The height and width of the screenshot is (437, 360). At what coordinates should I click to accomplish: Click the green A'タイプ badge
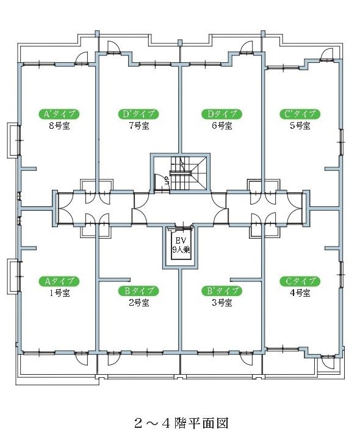point(59,114)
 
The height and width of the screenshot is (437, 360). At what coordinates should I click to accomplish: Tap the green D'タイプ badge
point(139,114)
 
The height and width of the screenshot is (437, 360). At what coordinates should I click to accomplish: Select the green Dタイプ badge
point(221,114)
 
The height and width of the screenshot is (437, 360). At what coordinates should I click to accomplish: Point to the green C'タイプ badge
point(300,114)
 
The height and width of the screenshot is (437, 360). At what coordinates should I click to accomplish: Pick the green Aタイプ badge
point(59,281)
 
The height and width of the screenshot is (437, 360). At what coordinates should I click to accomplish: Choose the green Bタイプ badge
point(139,291)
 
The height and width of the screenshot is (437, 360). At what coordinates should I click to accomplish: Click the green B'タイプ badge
point(221,291)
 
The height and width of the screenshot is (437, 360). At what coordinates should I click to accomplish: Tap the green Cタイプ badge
point(300,281)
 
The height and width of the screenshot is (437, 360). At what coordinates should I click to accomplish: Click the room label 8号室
point(59,126)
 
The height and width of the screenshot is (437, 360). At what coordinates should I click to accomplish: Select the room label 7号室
point(139,126)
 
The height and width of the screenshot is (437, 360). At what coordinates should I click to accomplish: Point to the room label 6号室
point(221,126)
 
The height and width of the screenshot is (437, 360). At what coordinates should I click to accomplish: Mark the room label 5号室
point(300,126)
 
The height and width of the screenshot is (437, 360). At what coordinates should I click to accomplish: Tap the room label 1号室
point(59,293)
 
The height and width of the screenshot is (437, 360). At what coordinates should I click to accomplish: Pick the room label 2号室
point(139,303)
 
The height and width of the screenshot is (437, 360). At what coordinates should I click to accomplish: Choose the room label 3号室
point(221,303)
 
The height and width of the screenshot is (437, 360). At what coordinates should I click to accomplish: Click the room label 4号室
point(300,293)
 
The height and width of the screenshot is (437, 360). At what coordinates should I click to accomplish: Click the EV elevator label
point(181,240)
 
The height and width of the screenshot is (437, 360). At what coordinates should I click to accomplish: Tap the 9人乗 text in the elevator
point(181,250)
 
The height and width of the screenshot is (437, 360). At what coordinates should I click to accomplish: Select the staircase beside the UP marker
point(189,173)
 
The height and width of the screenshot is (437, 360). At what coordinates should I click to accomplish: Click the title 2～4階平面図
point(181,422)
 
